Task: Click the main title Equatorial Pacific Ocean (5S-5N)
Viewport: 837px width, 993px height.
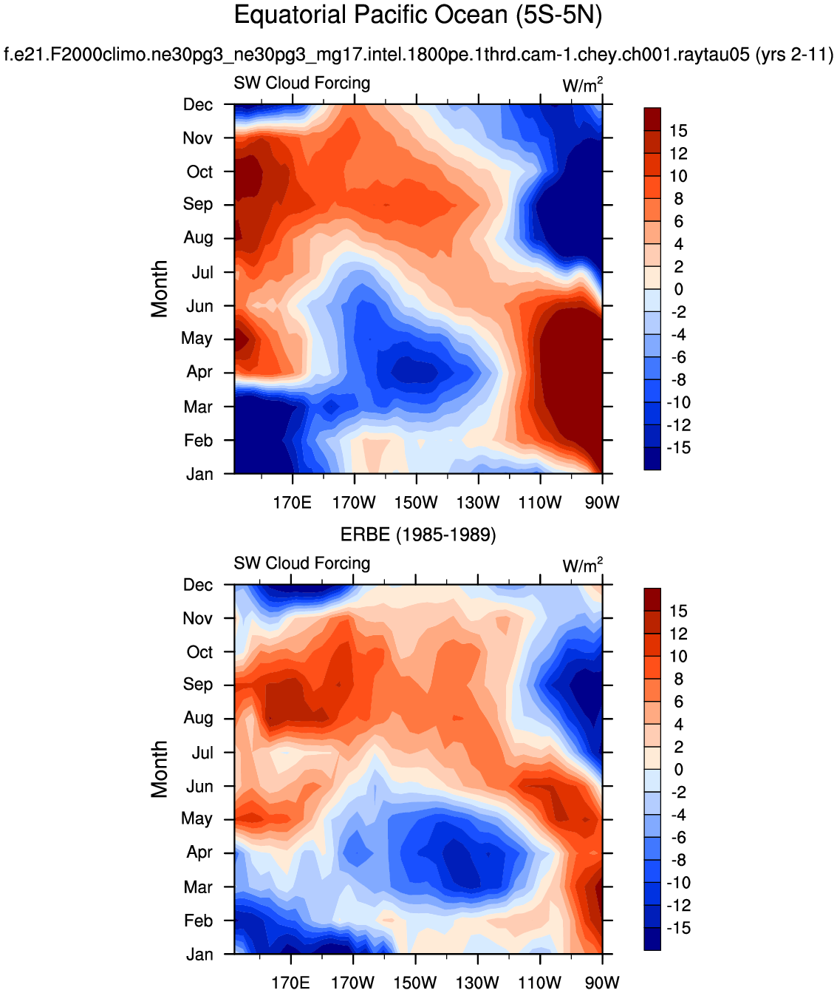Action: (x=417, y=16)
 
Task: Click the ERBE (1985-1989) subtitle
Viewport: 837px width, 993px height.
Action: (x=417, y=535)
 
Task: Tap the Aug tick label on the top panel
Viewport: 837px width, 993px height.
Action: (x=198, y=238)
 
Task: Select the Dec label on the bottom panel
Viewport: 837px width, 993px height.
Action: (x=198, y=585)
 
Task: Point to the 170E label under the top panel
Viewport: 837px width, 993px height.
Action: (x=292, y=503)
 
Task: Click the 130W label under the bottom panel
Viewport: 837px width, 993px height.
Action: (x=477, y=983)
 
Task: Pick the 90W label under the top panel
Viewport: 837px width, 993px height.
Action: (x=602, y=503)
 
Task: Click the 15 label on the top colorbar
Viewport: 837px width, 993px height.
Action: (x=678, y=131)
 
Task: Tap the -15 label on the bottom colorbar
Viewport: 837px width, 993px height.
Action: (x=678, y=928)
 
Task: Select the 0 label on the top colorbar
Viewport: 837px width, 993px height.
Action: (x=678, y=289)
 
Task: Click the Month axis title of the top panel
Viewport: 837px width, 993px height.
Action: (x=160, y=289)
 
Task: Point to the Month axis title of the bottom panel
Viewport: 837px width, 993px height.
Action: (x=160, y=769)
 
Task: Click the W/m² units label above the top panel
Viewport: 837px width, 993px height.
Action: (x=582, y=85)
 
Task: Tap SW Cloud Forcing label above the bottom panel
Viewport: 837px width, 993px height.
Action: (x=301, y=563)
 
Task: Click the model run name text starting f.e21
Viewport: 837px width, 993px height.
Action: (x=418, y=54)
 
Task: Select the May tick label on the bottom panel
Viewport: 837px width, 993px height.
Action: (x=197, y=819)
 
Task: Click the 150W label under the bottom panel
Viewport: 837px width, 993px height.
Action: (x=414, y=983)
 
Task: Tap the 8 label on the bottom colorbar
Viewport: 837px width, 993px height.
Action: (x=678, y=679)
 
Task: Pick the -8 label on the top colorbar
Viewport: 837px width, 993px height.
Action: (x=678, y=380)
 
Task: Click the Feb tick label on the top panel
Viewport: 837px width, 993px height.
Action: (x=198, y=441)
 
